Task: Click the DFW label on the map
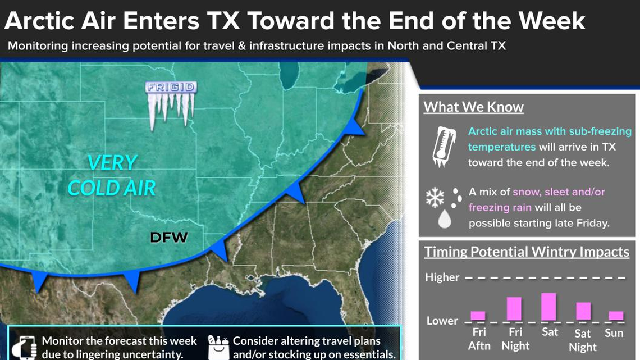pos(168,238)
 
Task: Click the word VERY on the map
pos(112,163)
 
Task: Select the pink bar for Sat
pos(548,307)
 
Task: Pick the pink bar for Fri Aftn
pos(478,316)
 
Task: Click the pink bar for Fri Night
pos(514,308)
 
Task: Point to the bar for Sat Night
pos(583,311)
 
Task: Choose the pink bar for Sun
pos(616,316)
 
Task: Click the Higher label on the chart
pos(442,277)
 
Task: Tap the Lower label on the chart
pos(442,321)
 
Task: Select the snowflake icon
pos(435,198)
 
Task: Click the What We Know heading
pos(473,107)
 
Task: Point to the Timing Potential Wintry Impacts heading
pos(527,252)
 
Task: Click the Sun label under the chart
pos(614,333)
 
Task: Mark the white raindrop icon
pos(445,220)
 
